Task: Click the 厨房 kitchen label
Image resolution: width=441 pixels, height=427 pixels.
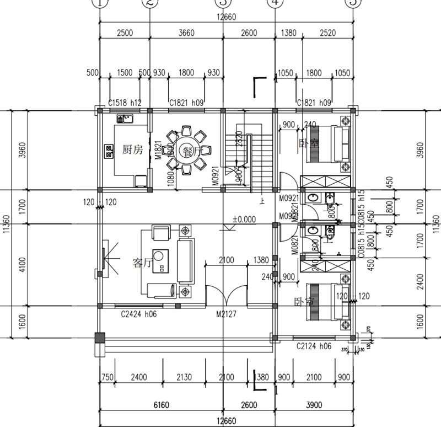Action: click(x=132, y=150)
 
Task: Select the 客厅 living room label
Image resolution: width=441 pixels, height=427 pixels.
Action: click(x=142, y=263)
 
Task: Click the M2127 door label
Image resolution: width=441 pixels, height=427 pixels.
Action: click(x=227, y=315)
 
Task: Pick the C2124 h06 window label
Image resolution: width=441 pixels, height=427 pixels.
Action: click(x=314, y=346)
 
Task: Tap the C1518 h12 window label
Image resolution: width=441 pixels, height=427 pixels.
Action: click(x=125, y=103)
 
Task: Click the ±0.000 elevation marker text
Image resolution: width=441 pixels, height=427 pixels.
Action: click(x=244, y=219)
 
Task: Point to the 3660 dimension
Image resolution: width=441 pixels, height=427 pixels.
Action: click(x=187, y=33)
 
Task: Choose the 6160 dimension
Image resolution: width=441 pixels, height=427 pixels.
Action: click(x=161, y=405)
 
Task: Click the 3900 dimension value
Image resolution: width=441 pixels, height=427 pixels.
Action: click(x=313, y=405)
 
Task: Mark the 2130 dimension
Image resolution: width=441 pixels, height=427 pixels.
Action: click(x=188, y=377)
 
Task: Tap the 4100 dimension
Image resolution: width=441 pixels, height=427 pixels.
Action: click(x=22, y=265)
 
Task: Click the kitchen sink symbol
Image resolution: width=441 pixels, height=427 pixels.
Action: click(x=123, y=118)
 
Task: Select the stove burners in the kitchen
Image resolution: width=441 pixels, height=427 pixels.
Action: click(x=109, y=150)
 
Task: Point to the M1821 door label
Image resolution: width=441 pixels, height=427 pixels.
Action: click(x=158, y=150)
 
